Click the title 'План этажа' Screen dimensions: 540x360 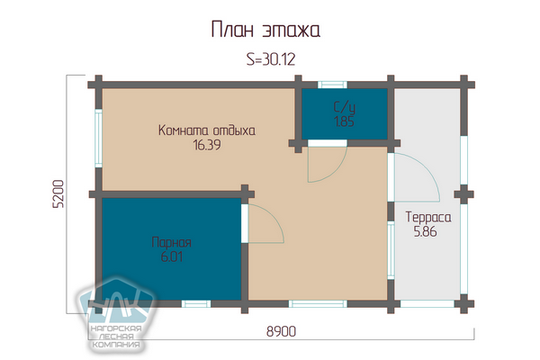(x=265, y=30)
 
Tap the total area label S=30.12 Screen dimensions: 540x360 (x=271, y=59)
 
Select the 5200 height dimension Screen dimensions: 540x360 (x=58, y=194)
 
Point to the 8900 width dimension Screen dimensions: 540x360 (x=281, y=331)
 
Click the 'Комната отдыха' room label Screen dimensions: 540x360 (x=207, y=130)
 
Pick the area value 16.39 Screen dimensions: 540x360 (x=207, y=145)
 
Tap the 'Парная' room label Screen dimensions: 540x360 (x=171, y=242)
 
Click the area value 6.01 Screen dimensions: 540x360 (x=172, y=256)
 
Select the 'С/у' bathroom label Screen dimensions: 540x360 (x=345, y=107)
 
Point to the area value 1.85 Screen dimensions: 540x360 (x=345, y=121)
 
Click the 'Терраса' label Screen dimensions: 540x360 (x=428, y=218)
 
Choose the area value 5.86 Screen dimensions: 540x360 (x=426, y=231)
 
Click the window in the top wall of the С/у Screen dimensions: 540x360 (x=332, y=85)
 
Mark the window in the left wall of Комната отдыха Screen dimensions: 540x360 (x=98, y=138)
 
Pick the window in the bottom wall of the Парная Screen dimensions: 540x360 (x=196, y=303)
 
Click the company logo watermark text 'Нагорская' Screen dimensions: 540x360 (x=116, y=328)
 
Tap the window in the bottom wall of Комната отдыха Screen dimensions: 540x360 (x=318, y=303)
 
